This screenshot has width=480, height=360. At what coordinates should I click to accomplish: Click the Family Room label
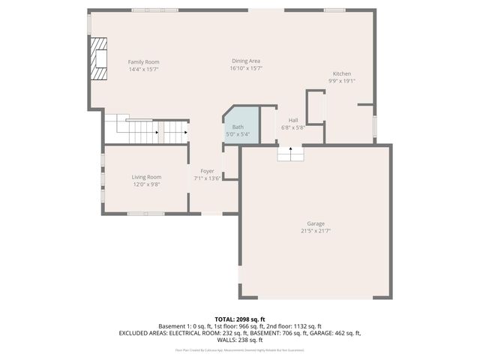(x=143, y=62)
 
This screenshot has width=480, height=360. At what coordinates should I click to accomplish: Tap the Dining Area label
(x=245, y=61)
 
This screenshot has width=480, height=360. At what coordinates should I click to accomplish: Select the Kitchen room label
(x=342, y=73)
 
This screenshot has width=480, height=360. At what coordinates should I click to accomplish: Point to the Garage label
(x=316, y=224)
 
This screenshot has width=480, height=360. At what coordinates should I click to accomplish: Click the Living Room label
(x=146, y=177)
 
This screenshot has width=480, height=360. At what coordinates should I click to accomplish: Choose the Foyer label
(x=207, y=172)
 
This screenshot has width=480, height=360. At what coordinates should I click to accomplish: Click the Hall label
(x=292, y=121)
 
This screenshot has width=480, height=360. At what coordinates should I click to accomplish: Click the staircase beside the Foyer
(x=146, y=132)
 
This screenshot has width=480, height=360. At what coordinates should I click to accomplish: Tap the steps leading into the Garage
(x=291, y=153)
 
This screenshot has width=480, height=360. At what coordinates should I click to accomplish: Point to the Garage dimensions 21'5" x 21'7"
(x=316, y=231)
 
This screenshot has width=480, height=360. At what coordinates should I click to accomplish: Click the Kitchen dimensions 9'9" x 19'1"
(x=342, y=81)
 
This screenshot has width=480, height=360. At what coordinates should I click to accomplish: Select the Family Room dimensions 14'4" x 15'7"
(x=143, y=69)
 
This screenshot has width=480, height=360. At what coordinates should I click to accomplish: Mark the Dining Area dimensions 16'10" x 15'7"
(x=245, y=68)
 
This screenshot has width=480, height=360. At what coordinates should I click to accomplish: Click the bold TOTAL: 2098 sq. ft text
(x=240, y=319)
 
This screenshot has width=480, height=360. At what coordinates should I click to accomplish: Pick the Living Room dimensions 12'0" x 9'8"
(x=146, y=184)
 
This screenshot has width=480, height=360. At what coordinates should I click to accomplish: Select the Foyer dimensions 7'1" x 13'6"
(x=207, y=178)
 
